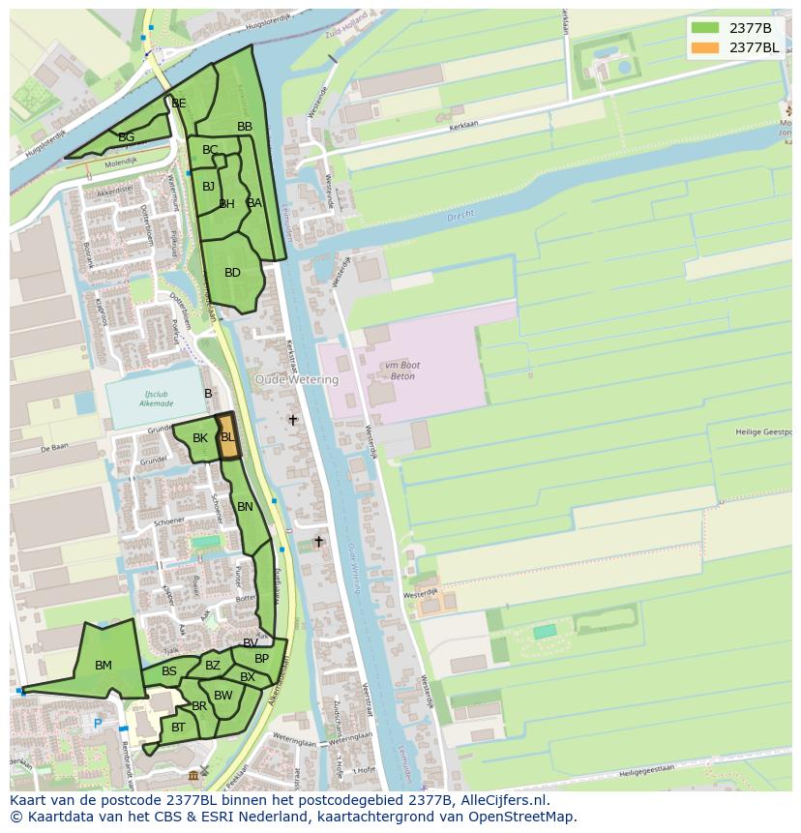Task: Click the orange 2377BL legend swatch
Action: tap(705, 47)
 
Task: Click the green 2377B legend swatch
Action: tap(705, 28)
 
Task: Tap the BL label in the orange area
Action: tap(227, 437)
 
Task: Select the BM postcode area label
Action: tap(104, 666)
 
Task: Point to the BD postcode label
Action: tap(232, 273)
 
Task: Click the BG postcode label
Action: tap(127, 137)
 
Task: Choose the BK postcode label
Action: tap(200, 438)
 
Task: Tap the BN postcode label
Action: tap(245, 507)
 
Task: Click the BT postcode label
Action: tap(179, 728)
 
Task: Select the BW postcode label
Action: tap(223, 696)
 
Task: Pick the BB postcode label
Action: tap(245, 127)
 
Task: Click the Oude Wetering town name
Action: tap(297, 380)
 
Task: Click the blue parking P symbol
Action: tap(97, 724)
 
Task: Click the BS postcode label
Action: tap(169, 671)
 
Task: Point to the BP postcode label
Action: tap(261, 659)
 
